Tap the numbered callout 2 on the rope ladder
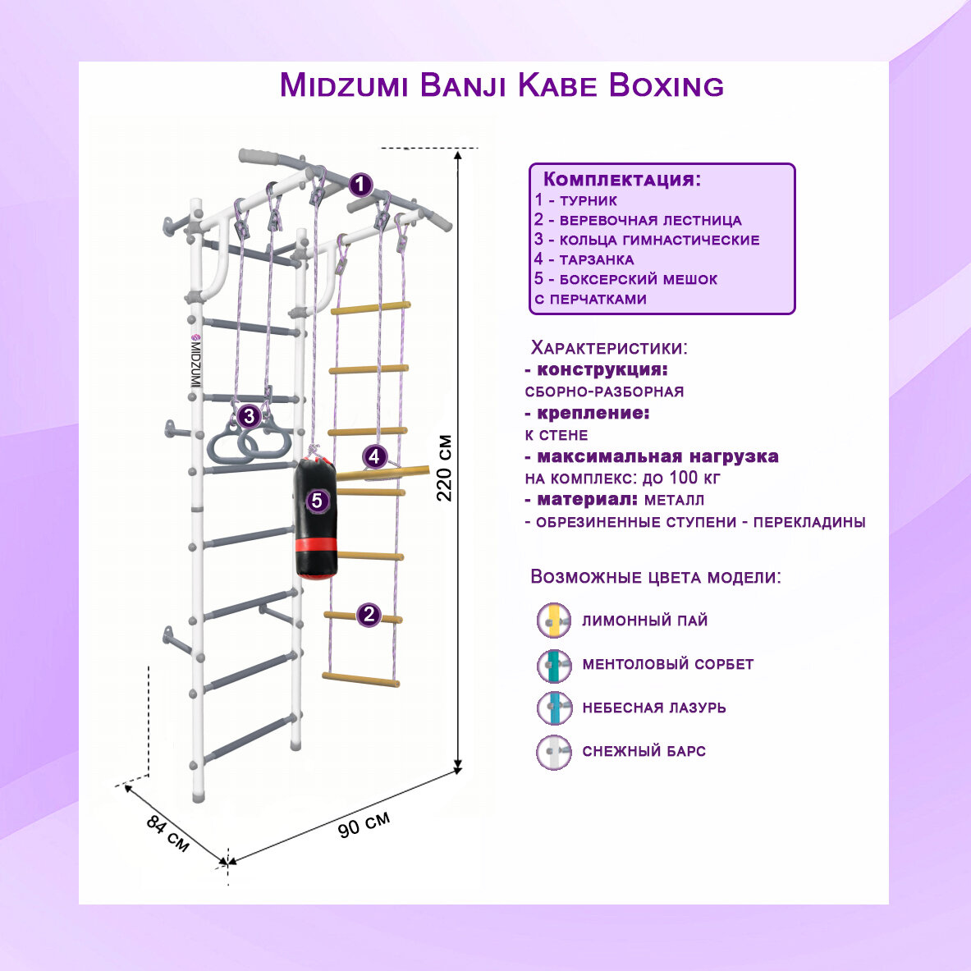[369, 614]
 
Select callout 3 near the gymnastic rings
[250, 416]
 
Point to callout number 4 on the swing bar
[375, 456]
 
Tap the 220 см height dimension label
[444, 468]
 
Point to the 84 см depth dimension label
[168, 832]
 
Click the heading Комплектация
[622, 180]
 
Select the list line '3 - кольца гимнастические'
[647, 240]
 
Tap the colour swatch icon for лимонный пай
[554, 621]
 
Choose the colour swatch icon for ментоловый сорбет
[554, 664]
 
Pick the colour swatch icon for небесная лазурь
[554, 708]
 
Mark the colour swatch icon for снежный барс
[554, 751]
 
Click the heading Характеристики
[609, 347]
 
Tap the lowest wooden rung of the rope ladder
[360, 679]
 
